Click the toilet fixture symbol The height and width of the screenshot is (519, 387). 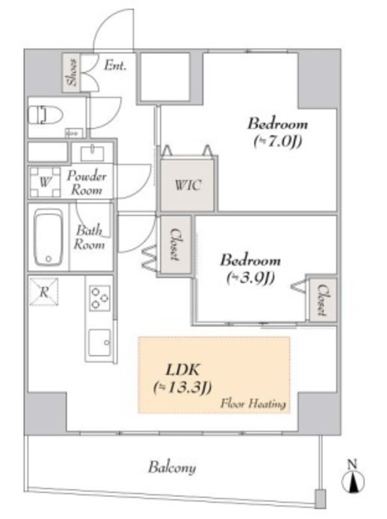(x=45, y=115)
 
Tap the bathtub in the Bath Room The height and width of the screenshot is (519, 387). (x=48, y=237)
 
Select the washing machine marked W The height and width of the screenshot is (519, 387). (x=45, y=182)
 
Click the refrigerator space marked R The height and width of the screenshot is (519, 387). (x=44, y=292)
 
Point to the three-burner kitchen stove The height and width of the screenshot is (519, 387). (x=100, y=298)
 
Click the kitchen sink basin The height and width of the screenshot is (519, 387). (x=100, y=343)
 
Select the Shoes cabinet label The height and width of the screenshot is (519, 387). (x=72, y=72)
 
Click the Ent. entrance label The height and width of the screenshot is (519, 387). (x=115, y=65)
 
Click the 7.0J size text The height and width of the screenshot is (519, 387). (x=278, y=142)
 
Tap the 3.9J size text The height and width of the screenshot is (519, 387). (x=250, y=278)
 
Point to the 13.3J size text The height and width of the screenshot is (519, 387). (x=182, y=388)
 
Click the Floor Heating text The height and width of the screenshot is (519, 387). (x=253, y=404)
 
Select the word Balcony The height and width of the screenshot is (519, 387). (x=172, y=468)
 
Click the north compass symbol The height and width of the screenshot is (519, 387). (x=353, y=476)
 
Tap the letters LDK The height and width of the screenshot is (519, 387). (x=182, y=370)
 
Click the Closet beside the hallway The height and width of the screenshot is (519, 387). (x=175, y=245)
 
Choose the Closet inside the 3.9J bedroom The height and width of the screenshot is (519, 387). (x=323, y=300)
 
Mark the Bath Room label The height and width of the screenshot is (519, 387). (x=89, y=238)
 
